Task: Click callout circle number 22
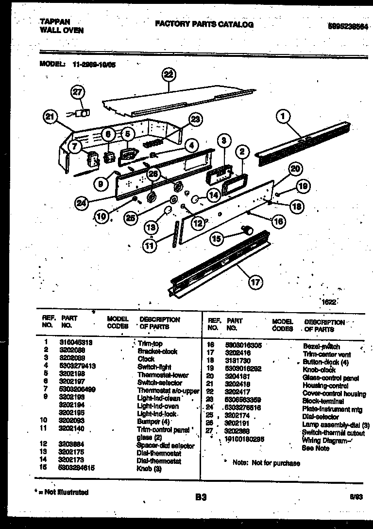pyautogui.click(x=168, y=75)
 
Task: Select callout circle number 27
pyautogui.click(x=78, y=93)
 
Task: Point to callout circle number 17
pyautogui.click(x=255, y=282)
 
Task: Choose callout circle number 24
pyautogui.click(x=83, y=202)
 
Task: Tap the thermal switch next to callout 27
pyautogui.click(x=85, y=113)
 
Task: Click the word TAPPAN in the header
pyautogui.click(x=54, y=22)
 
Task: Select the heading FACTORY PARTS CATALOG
pyautogui.click(x=204, y=24)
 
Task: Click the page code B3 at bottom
pyautogui.click(x=201, y=497)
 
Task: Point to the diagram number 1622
pyautogui.click(x=328, y=302)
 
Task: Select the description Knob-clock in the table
pyautogui.click(x=319, y=370)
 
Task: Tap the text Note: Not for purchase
pyautogui.click(x=266, y=463)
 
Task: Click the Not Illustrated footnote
pyautogui.click(x=63, y=492)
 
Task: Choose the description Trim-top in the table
pyautogui.click(x=150, y=343)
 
